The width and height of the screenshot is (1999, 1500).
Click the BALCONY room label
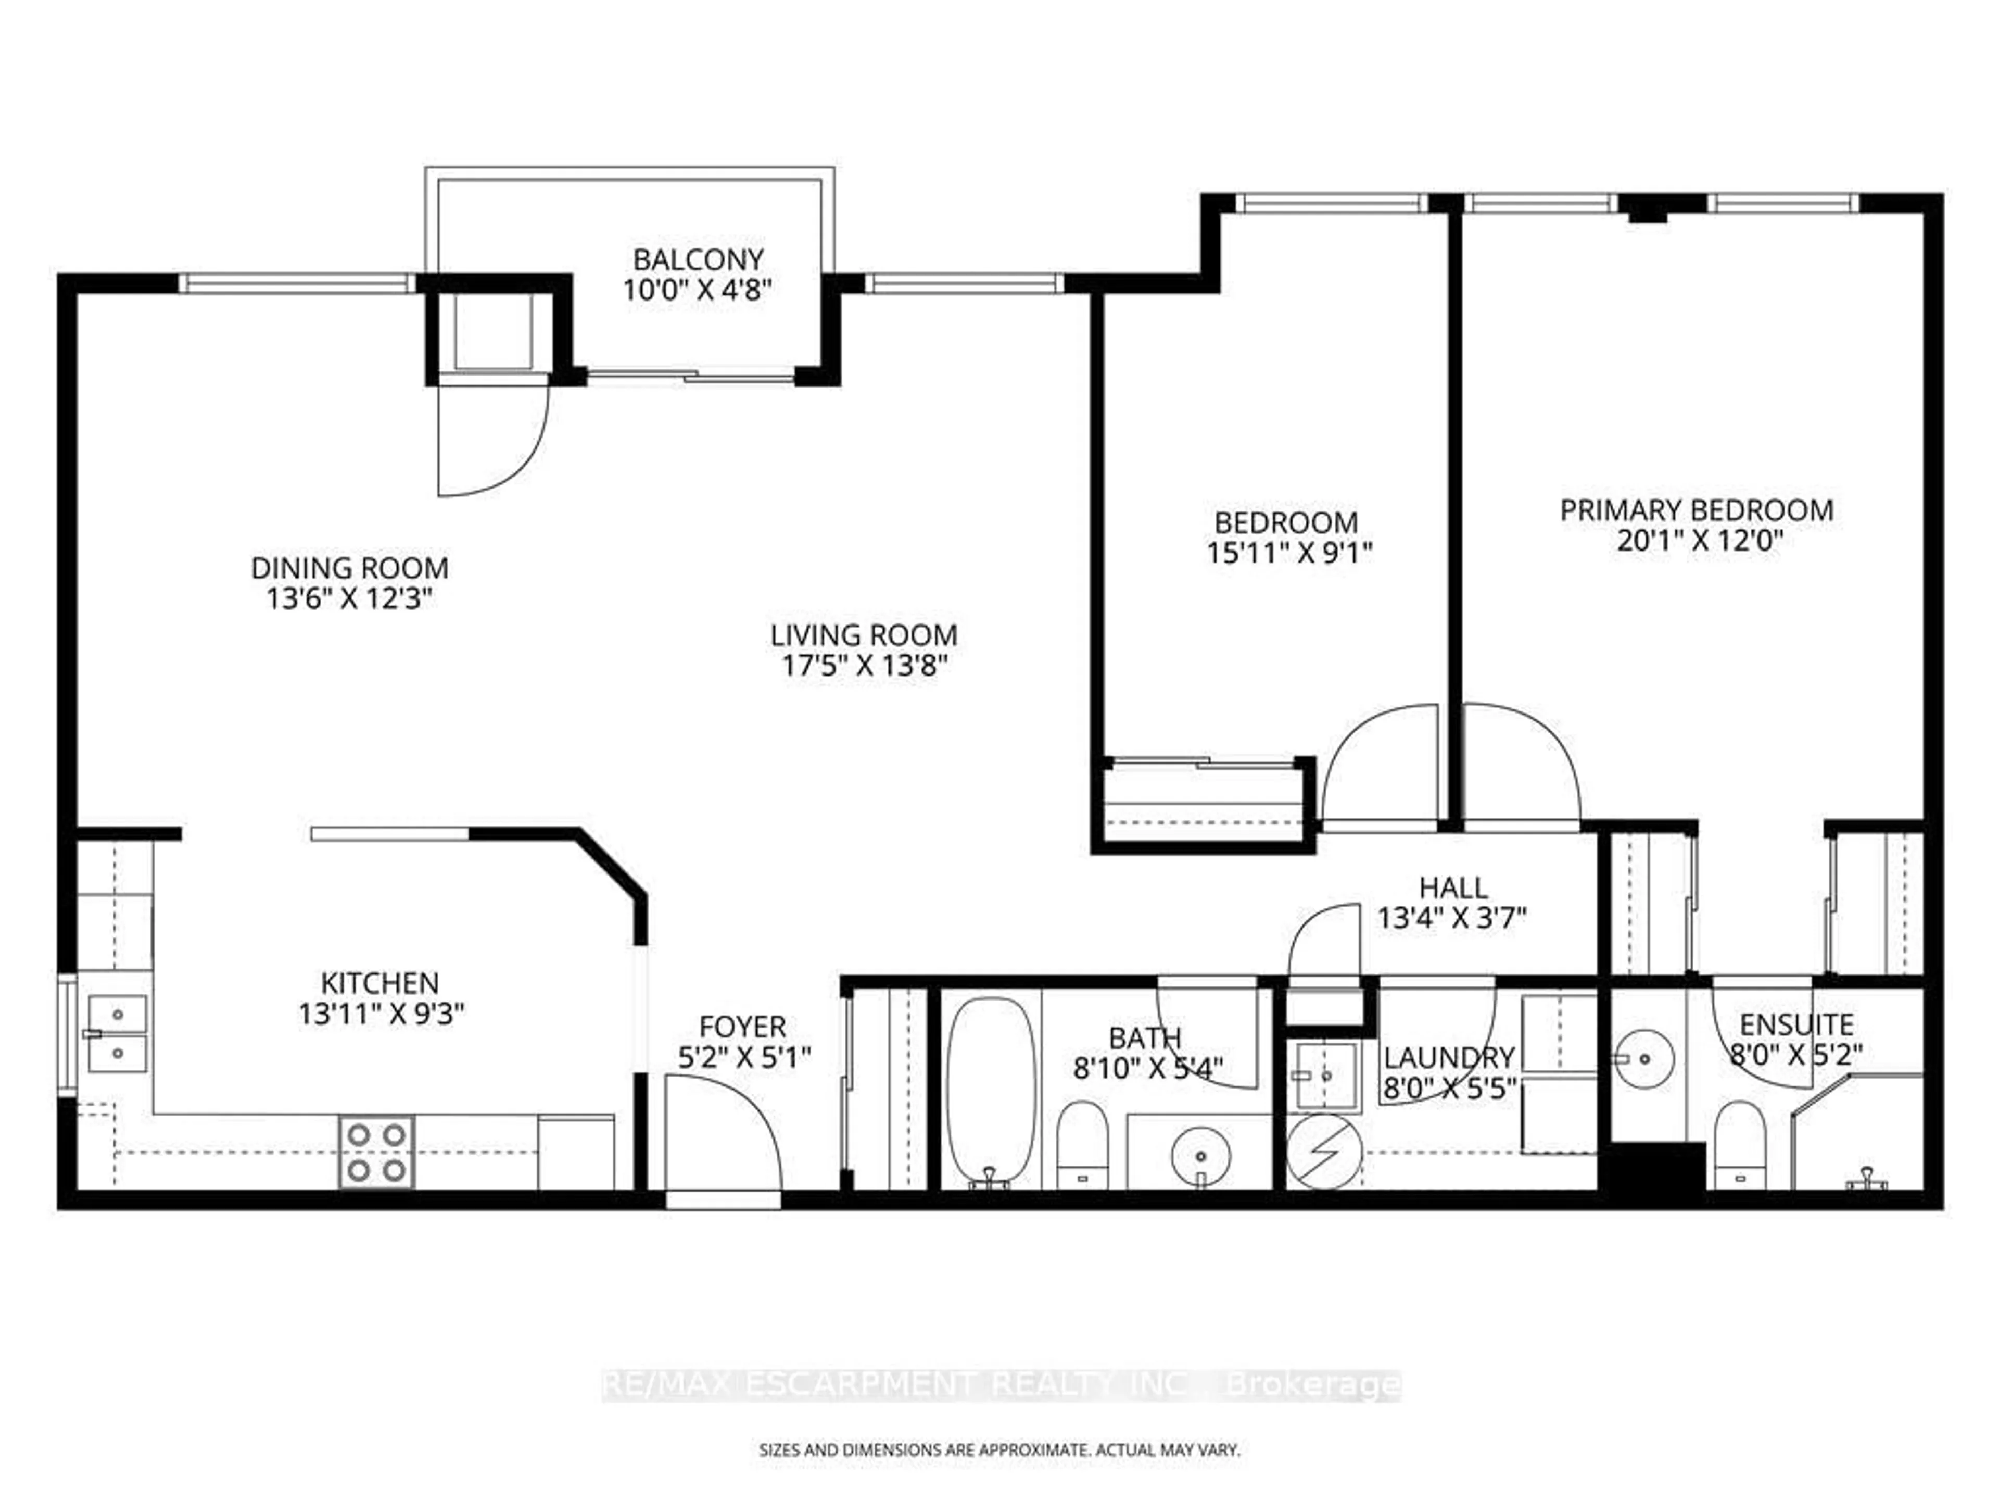(698, 260)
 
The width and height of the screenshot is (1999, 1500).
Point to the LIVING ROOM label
(864, 635)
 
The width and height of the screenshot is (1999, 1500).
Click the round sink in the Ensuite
(1644, 1058)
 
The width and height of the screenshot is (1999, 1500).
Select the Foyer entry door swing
(723, 1130)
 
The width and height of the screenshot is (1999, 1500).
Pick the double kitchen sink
(118, 1033)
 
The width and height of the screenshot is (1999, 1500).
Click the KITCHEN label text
(379, 983)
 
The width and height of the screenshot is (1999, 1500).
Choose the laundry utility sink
(1325, 1076)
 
